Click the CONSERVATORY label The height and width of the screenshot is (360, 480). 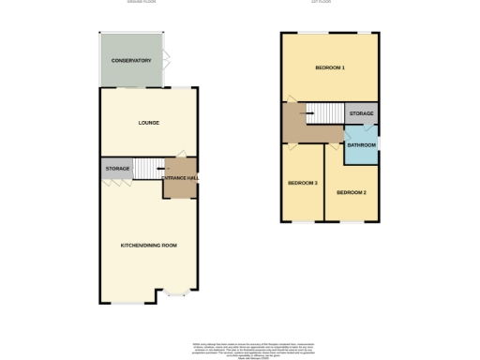click(131, 61)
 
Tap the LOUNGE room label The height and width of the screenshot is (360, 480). click(148, 123)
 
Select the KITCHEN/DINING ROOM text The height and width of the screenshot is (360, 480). click(148, 245)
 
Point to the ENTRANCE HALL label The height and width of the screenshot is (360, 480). click(178, 176)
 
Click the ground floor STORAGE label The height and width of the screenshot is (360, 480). click(117, 169)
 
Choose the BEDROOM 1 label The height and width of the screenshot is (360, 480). click(329, 68)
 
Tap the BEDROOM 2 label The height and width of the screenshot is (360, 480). click(351, 192)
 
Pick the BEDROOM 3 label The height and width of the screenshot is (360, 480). click(302, 182)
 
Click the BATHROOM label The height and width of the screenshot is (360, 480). click(361, 145)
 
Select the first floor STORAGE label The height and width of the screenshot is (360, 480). click(361, 113)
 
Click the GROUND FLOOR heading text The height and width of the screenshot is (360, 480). click(142, 3)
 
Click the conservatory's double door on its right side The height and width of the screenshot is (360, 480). click(166, 61)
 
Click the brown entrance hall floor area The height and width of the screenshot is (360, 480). click(178, 187)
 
